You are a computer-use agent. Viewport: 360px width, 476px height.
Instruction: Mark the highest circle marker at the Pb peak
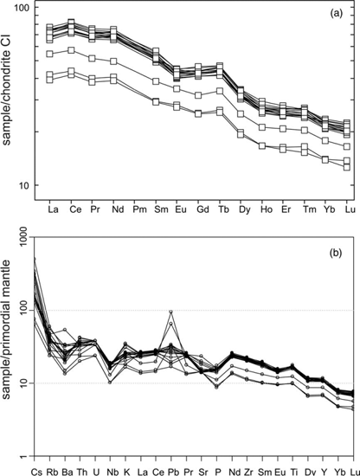(171, 312)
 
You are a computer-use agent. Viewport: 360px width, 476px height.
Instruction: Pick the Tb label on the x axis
(219, 209)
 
